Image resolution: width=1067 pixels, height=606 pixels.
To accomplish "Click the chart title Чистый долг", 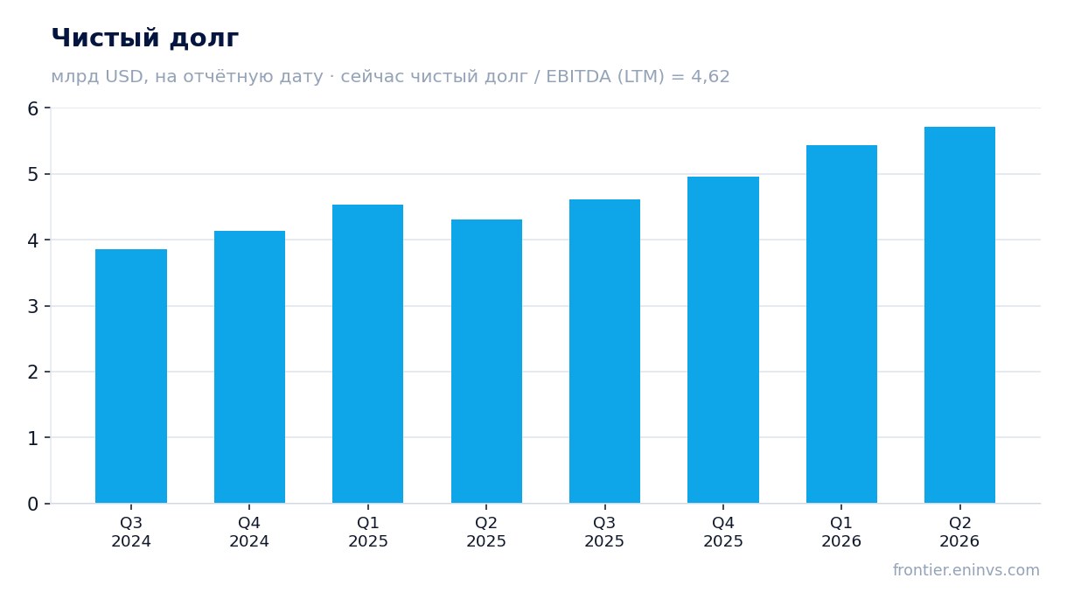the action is pyautogui.click(x=145, y=38).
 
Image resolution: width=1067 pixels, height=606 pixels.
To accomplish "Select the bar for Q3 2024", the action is pyautogui.click(x=131, y=376).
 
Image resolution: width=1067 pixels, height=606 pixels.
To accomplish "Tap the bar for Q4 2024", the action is pyautogui.click(x=249, y=367).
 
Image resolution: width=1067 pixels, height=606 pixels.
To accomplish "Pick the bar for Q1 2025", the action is pyautogui.click(x=367, y=354).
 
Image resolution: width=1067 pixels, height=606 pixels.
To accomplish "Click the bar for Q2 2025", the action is pyautogui.click(x=486, y=361).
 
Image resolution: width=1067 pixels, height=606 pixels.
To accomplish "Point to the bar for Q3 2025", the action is pyautogui.click(x=604, y=352).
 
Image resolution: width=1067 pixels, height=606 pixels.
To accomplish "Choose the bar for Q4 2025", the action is pyautogui.click(x=723, y=339).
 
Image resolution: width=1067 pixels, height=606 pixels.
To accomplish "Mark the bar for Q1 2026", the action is pyautogui.click(x=841, y=324).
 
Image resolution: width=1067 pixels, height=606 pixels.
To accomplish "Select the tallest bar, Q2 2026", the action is pyautogui.click(x=959, y=315).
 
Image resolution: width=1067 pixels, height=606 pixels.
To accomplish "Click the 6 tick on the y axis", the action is pyautogui.click(x=33, y=108).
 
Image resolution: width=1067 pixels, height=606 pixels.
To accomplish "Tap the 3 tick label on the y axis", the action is pyautogui.click(x=33, y=306).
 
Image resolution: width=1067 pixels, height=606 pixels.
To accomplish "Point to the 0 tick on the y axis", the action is pyautogui.click(x=33, y=504).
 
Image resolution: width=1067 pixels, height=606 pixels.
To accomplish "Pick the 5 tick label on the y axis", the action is pyautogui.click(x=33, y=174).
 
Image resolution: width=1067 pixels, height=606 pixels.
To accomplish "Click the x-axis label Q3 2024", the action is pyautogui.click(x=131, y=533).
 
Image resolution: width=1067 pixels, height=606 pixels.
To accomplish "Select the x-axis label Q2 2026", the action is pyautogui.click(x=959, y=533).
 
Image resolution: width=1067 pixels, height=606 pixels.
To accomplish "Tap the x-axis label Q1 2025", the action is pyautogui.click(x=367, y=533).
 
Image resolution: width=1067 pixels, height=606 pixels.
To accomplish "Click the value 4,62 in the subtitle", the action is pyautogui.click(x=710, y=77).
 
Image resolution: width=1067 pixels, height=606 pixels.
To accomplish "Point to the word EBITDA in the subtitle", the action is pyautogui.click(x=578, y=76).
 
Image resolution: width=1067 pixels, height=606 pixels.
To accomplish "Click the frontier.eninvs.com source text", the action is pyautogui.click(x=966, y=570).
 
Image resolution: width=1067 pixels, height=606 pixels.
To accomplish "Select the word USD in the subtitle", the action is pyautogui.click(x=124, y=76).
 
